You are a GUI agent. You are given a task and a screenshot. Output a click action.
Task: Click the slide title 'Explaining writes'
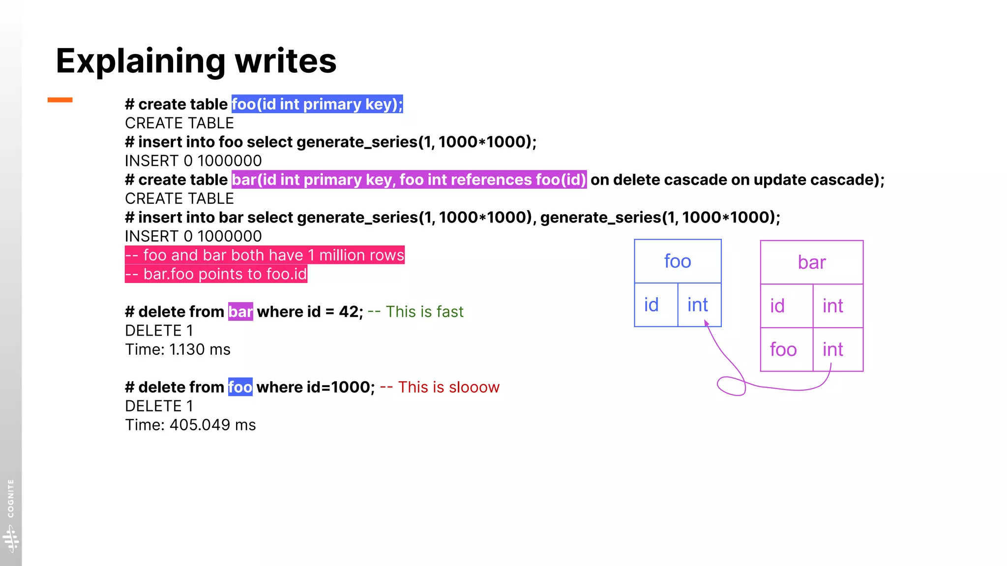point(196,61)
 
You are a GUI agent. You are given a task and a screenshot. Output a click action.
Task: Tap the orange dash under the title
point(60,100)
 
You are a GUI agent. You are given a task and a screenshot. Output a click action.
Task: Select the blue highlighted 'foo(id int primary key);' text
point(317,104)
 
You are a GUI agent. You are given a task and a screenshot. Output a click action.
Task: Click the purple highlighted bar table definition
point(409,180)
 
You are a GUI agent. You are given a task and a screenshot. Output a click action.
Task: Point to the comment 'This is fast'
point(424,311)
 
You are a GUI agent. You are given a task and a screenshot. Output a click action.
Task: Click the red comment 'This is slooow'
point(448,387)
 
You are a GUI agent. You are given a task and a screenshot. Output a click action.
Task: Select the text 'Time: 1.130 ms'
point(178,349)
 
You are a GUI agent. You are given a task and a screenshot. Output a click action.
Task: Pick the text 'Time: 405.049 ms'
point(190,425)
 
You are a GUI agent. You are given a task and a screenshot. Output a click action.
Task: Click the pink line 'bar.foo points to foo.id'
point(216,274)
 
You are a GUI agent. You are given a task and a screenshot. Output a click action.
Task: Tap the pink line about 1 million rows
point(265,255)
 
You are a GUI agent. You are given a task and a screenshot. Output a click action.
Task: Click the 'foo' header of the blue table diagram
point(678,261)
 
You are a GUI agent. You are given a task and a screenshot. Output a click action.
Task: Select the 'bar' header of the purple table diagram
point(812,262)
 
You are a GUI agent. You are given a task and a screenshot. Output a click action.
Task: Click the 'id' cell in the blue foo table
point(652,305)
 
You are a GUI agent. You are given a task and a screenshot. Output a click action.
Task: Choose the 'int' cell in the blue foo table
point(698,305)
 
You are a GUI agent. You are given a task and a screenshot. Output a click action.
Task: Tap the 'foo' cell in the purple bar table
point(783,350)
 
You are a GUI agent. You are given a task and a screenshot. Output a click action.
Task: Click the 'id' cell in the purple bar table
point(777,306)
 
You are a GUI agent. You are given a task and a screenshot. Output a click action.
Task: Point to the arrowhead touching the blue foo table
point(706,323)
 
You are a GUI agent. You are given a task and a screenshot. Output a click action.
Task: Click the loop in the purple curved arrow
point(731,386)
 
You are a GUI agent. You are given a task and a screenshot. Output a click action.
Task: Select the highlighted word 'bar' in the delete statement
point(240,311)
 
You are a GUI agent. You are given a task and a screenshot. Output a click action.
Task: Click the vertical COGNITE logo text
point(11,498)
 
